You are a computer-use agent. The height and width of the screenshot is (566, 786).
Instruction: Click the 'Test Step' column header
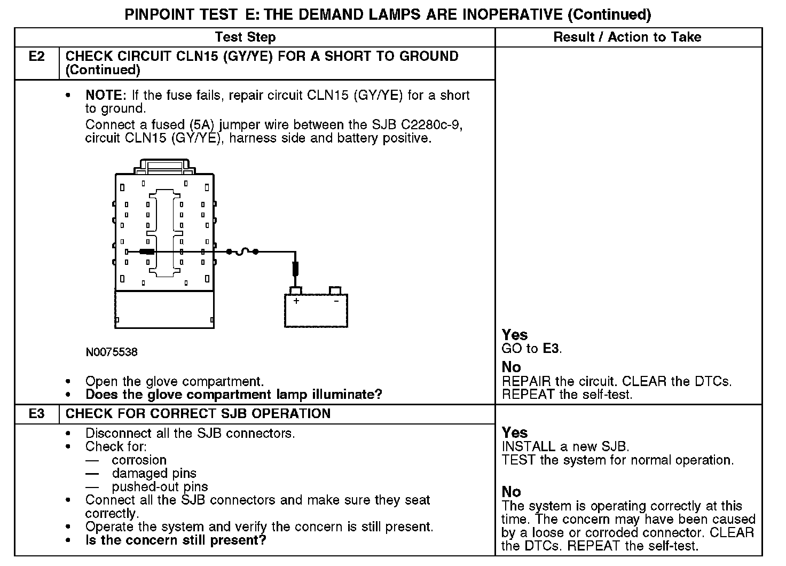tap(245, 37)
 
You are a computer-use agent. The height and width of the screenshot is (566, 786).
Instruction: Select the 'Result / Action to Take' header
tap(627, 37)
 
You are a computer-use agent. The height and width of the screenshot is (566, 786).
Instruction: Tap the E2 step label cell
tap(36, 57)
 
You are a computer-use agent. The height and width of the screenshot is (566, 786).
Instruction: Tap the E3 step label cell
tap(36, 414)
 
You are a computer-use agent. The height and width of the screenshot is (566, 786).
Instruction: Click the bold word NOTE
tap(105, 96)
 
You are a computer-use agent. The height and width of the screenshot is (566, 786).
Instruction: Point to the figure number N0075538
tap(111, 352)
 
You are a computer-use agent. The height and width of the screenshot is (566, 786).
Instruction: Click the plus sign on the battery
tap(296, 301)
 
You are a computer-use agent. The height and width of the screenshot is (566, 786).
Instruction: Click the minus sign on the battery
tap(336, 301)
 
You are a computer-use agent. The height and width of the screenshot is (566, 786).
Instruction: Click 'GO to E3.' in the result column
tap(532, 349)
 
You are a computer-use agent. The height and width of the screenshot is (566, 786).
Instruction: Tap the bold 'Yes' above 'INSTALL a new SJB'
tap(515, 433)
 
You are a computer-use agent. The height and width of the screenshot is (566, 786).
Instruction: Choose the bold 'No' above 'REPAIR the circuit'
tap(511, 367)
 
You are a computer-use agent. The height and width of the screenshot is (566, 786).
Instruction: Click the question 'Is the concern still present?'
tap(176, 540)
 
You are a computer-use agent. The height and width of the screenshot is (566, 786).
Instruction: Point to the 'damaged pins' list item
tap(154, 474)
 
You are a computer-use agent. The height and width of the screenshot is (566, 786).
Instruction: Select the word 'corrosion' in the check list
tap(139, 460)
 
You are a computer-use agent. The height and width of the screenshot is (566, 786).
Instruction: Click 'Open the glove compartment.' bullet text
tap(175, 382)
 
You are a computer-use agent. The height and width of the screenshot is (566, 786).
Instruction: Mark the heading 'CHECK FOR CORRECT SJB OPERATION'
tap(198, 414)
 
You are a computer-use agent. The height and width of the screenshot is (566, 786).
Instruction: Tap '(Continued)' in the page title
tap(609, 14)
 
